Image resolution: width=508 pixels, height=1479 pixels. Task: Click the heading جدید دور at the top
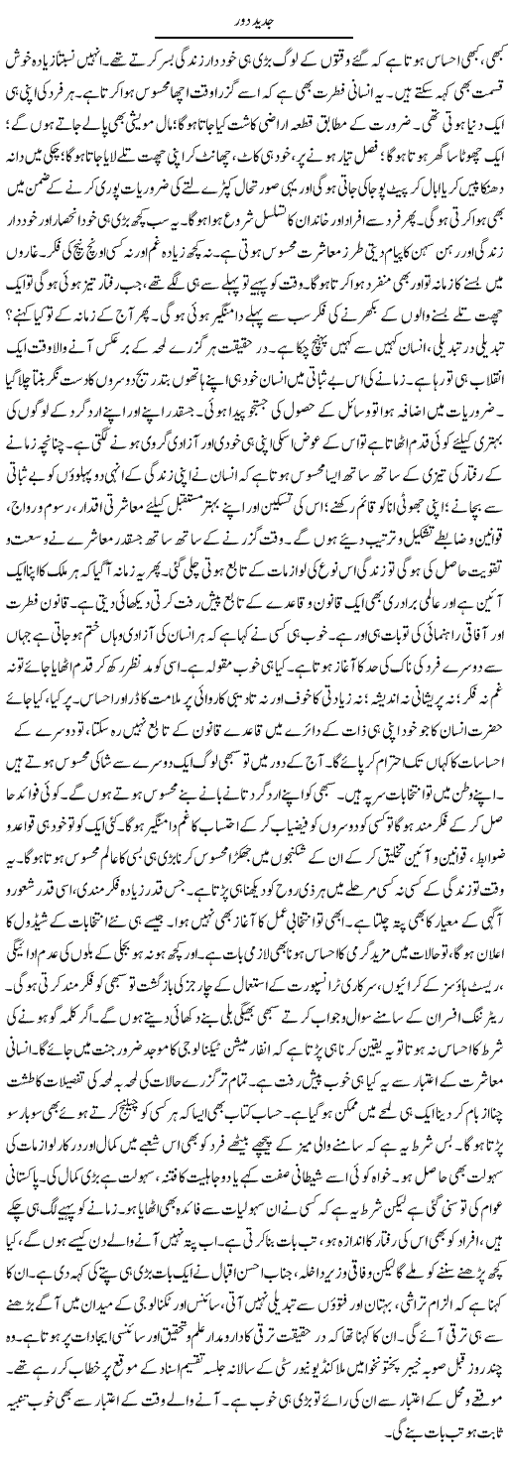[x=254, y=13]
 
